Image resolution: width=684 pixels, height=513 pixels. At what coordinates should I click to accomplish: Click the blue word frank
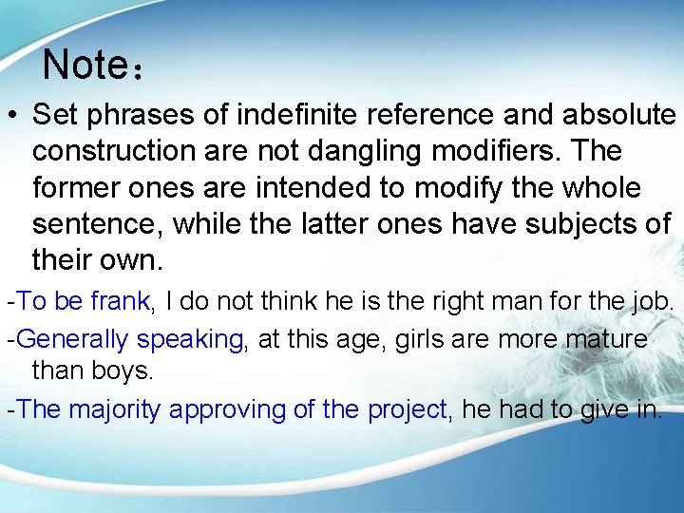coord(120,302)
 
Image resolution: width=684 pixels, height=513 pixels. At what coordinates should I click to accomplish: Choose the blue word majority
coord(109,409)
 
